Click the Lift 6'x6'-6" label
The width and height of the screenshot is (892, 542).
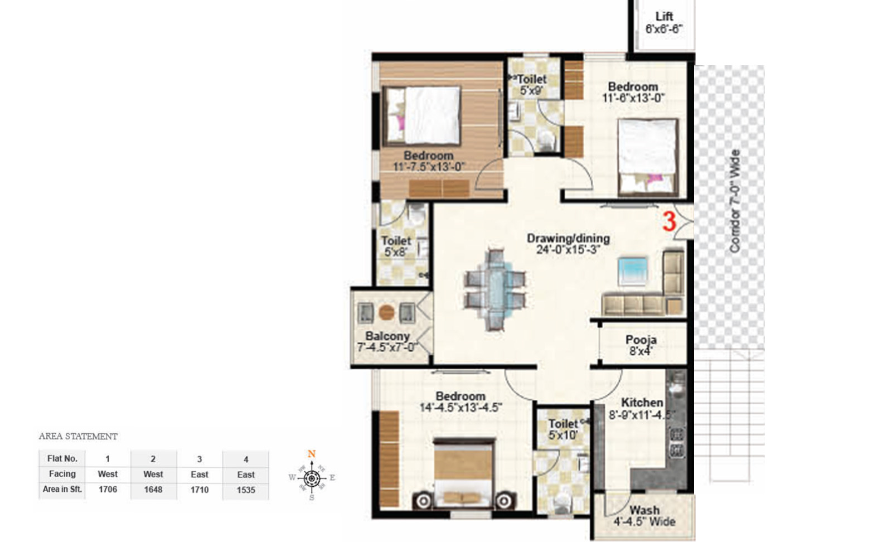pyautogui.click(x=663, y=23)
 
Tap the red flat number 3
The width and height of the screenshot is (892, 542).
pyautogui.click(x=669, y=221)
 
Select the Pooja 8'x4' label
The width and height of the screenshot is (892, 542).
pyautogui.click(x=641, y=345)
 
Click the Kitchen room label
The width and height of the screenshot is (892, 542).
pyautogui.click(x=642, y=403)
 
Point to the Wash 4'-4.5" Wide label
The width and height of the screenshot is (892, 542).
pyautogui.click(x=644, y=516)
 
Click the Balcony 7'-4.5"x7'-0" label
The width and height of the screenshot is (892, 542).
pyautogui.click(x=387, y=341)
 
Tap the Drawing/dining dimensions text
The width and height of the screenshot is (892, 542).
pyautogui.click(x=568, y=250)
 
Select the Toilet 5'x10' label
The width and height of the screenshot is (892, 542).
pyautogui.click(x=563, y=429)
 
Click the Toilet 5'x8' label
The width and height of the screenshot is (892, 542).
pyautogui.click(x=396, y=246)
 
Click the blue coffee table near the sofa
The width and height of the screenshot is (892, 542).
pyautogui.click(x=633, y=271)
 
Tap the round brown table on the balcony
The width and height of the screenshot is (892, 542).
pyautogui.click(x=386, y=312)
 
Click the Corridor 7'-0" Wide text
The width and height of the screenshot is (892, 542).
pyautogui.click(x=735, y=201)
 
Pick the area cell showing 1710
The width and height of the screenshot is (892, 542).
pyautogui.click(x=200, y=490)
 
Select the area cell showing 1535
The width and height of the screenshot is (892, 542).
pyautogui.click(x=246, y=490)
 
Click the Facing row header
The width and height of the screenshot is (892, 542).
pyautogui.click(x=62, y=474)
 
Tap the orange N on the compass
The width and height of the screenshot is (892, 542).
pyautogui.click(x=312, y=454)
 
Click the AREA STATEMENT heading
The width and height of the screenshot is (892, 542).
pyautogui.click(x=78, y=436)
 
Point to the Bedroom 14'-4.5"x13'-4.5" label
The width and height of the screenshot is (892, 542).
pyautogui.click(x=460, y=401)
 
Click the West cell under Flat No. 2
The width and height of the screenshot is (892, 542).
pyautogui.click(x=153, y=474)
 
